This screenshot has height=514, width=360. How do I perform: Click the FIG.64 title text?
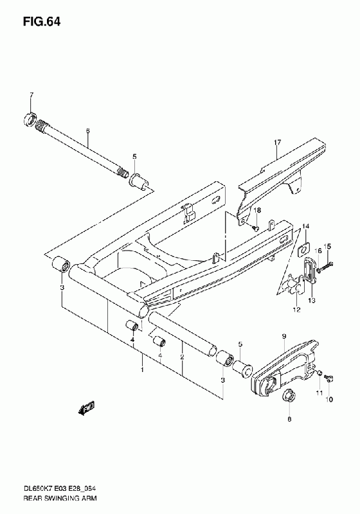click(42, 22)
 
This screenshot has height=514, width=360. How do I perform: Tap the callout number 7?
click(32, 95)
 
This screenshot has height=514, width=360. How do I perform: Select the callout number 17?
click(277, 143)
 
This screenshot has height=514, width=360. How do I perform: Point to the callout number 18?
click(257, 210)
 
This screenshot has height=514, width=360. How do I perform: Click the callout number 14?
click(305, 226)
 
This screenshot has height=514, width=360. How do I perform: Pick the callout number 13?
click(312, 300)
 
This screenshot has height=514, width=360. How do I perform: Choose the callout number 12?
click(296, 310)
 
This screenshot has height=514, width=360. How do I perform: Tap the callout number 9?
click(284, 336)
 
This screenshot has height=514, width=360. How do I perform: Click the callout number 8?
click(289, 419)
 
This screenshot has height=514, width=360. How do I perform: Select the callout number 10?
click(329, 400)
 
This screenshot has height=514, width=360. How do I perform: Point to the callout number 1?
click(142, 370)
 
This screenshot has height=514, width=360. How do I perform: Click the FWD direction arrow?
click(86, 407)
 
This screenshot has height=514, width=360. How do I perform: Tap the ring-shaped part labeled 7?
click(30, 120)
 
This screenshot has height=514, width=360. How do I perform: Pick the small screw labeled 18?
click(255, 227)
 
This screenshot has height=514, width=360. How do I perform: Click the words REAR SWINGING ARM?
click(60, 499)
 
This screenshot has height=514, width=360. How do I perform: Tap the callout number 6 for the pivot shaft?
click(87, 131)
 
